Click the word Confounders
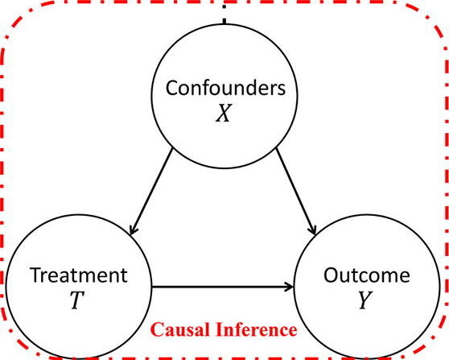click(225, 88)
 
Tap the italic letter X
click(224, 113)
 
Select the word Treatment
click(79, 275)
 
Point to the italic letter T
click(77, 300)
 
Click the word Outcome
click(367, 275)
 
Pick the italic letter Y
click(365, 300)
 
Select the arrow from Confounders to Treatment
click(151, 191)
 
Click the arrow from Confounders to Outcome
click(296, 191)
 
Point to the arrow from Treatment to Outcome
click(223, 287)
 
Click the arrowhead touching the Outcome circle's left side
click(289, 287)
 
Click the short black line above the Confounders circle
click(224, 21)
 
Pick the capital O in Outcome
click(332, 275)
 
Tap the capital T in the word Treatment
click(36, 275)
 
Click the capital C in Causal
click(156, 329)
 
